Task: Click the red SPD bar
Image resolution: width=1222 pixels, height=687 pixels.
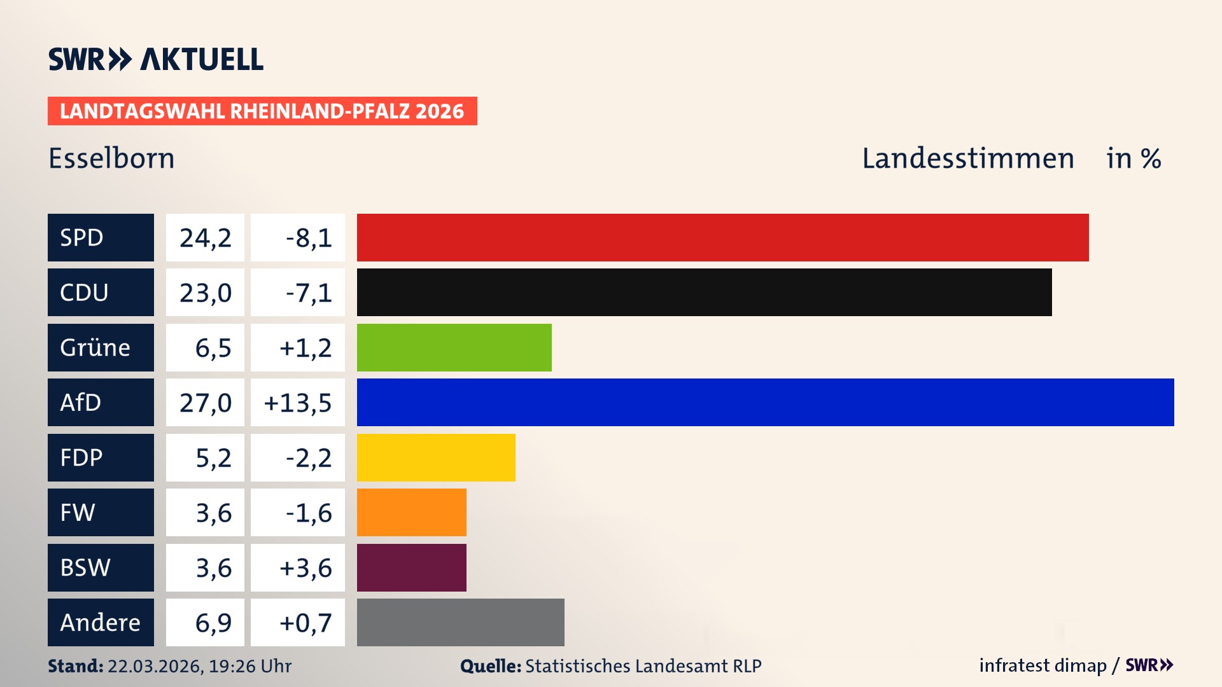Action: [x=722, y=237]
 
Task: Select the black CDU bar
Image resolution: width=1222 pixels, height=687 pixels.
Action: [x=704, y=292]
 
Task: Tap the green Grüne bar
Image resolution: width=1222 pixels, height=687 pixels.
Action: [x=454, y=347]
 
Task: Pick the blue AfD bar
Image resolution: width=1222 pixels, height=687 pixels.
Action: [x=765, y=402]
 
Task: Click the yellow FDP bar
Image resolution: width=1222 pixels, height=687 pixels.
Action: [x=436, y=457]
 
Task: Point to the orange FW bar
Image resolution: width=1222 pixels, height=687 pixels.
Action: [x=411, y=512]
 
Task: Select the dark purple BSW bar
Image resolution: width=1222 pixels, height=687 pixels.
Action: [x=411, y=567]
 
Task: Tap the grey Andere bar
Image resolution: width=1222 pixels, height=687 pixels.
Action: [x=460, y=622]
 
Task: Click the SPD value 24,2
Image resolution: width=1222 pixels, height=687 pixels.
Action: [x=205, y=237]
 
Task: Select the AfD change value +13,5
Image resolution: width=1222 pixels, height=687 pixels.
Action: [x=297, y=402]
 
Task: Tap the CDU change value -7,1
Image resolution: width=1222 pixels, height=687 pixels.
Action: [x=308, y=292]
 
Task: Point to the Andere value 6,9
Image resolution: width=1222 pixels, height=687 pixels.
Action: [x=213, y=622]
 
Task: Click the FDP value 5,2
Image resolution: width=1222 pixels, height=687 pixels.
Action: [x=213, y=457]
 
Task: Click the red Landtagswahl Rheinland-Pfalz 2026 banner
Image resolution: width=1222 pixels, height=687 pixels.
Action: [x=262, y=111]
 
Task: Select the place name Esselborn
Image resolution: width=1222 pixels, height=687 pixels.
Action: [x=111, y=158]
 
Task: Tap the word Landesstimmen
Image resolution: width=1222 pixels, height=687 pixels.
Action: [x=967, y=158]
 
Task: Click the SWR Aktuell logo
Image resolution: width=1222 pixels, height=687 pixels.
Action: [x=155, y=59]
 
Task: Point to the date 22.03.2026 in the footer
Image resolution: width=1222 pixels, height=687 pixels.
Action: [x=155, y=666]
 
